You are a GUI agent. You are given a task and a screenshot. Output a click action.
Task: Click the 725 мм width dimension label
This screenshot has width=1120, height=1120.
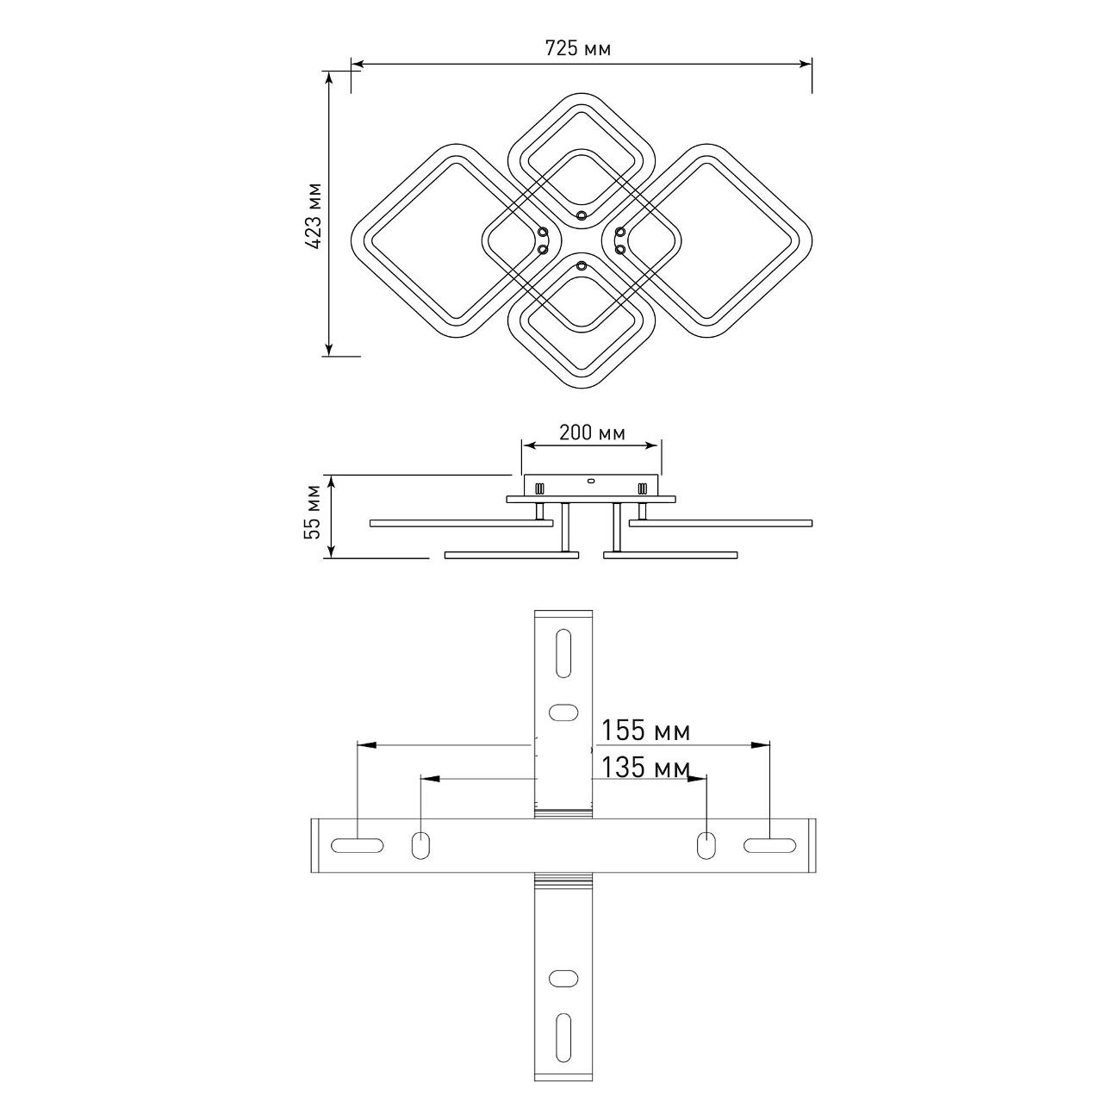[x=578, y=48]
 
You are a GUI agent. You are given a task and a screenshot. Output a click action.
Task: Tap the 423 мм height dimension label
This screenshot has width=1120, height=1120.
[x=314, y=216]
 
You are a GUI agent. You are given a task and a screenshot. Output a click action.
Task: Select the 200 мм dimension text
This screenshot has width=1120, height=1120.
[x=592, y=432]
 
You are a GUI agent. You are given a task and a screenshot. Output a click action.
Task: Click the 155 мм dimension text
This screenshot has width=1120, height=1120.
[x=645, y=731]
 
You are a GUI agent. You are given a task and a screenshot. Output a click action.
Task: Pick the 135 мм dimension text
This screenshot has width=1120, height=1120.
[x=645, y=768]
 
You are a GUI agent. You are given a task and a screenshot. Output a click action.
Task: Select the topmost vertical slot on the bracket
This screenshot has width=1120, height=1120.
[x=563, y=653]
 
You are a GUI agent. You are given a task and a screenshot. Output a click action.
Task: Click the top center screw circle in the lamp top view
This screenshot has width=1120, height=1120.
[x=582, y=215]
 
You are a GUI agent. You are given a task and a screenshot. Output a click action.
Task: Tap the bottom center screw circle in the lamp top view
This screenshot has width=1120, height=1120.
[x=582, y=267]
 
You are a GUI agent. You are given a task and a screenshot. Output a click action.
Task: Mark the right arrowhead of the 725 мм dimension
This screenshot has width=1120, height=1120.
[x=805, y=64]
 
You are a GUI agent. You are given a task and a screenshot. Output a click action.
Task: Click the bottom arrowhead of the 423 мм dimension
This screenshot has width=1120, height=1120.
[x=329, y=348]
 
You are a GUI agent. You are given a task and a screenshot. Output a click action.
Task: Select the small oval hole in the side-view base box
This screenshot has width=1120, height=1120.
[x=592, y=482]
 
